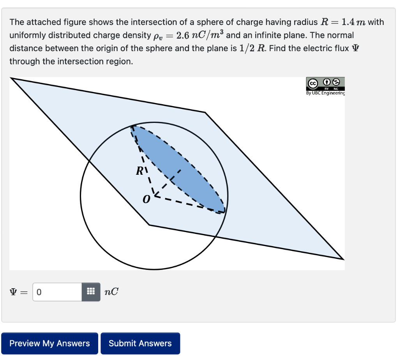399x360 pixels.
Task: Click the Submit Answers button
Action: coord(140,343)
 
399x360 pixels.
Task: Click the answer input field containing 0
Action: coord(57,292)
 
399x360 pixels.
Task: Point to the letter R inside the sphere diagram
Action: coord(140,170)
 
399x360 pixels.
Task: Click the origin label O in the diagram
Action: coord(146,199)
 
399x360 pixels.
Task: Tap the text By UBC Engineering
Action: coord(325,93)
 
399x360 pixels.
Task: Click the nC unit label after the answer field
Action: coord(111,292)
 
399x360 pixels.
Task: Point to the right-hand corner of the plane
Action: coord(343,259)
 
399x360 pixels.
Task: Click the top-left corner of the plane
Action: coord(11,78)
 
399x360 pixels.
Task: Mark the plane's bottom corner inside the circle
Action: coord(149,225)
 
